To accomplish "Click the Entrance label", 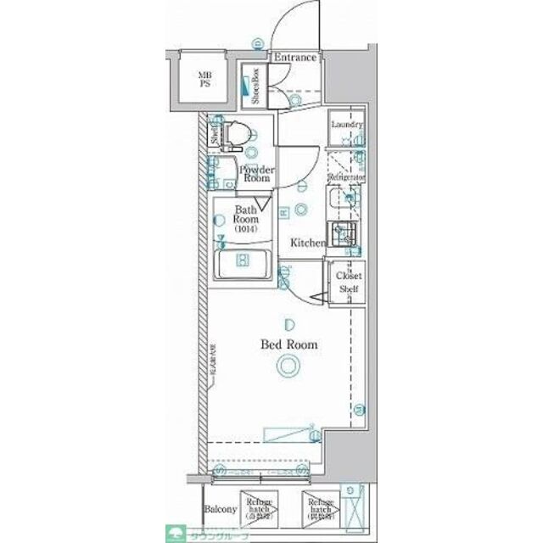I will pos(294,58).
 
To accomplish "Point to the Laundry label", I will pos(346,125).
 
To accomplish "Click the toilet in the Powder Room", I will pos(241,136).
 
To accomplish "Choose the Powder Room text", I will pos(255,173).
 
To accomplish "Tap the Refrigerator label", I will pos(346,176).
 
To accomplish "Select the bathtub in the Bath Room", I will pos(243,266).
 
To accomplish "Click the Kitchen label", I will pos(309,243).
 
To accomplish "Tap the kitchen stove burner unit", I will pos(345,233).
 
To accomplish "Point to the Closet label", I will pos(349,277).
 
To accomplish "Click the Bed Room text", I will pos(288,344).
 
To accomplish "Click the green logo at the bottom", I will pos(176,535).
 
